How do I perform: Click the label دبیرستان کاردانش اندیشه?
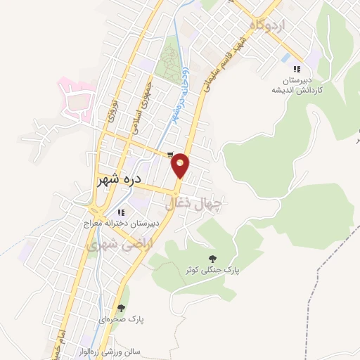pyautogui.click(x=298, y=85)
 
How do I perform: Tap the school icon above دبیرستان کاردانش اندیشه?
pyautogui.click(x=297, y=69)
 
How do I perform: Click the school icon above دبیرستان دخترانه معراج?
pyautogui.click(x=121, y=212)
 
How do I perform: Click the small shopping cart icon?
pyautogui.click(x=169, y=155)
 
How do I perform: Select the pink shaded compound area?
pyautogui.click(x=75, y=101)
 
